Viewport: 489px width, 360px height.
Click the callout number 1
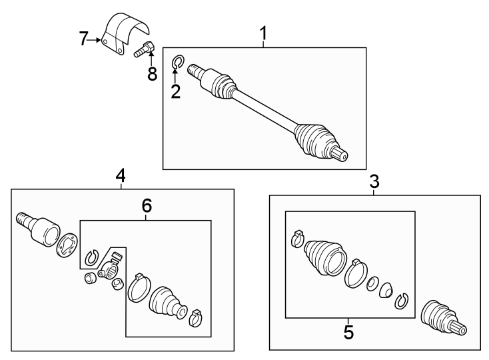coord(264,32)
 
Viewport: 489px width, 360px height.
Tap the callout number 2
coord(175,92)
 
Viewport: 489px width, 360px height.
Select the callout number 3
coord(374,181)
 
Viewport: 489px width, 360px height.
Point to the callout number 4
coord(121,175)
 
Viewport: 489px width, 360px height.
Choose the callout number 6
coord(147,207)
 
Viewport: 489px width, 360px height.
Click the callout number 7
coord(84,39)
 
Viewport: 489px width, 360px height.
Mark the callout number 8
coord(153,74)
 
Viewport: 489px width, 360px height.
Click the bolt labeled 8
coord(145,49)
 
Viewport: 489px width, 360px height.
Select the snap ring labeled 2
coord(178,63)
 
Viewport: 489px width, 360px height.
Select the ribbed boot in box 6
coord(166,302)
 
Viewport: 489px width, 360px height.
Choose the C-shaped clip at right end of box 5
coord(401,301)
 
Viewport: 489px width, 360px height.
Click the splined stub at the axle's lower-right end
coord(340,155)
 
